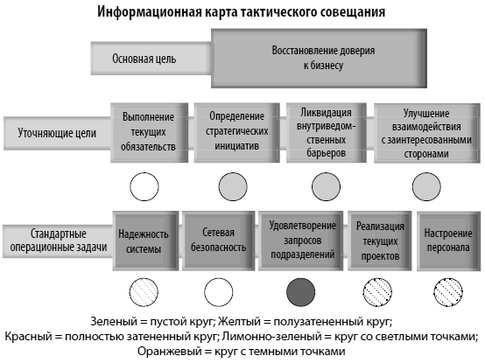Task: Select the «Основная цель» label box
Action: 151,59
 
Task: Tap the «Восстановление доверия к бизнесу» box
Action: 320,59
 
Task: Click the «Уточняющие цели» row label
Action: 57,133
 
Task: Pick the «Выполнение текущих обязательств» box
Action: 150,133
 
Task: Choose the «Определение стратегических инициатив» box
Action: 237,133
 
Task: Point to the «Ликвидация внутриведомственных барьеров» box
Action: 327,133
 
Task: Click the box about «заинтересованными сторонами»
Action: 427,133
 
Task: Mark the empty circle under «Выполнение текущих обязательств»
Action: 144,187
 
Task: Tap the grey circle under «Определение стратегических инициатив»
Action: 233,187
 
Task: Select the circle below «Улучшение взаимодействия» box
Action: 426,187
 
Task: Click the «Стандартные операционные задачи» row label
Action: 58,241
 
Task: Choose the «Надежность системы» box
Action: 145,241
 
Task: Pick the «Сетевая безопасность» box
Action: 218,241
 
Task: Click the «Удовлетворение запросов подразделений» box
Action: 301,241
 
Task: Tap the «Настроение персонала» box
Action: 448,241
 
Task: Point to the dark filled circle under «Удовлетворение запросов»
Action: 301,292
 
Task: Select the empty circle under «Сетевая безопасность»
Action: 218,292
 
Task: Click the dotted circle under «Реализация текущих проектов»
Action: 377,292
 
